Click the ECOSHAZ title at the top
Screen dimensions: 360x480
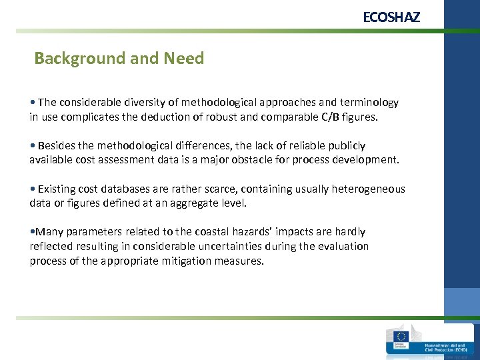391,17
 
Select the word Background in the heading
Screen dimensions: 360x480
71,59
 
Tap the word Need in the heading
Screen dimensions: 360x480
183,59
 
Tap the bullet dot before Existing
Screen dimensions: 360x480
33,189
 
